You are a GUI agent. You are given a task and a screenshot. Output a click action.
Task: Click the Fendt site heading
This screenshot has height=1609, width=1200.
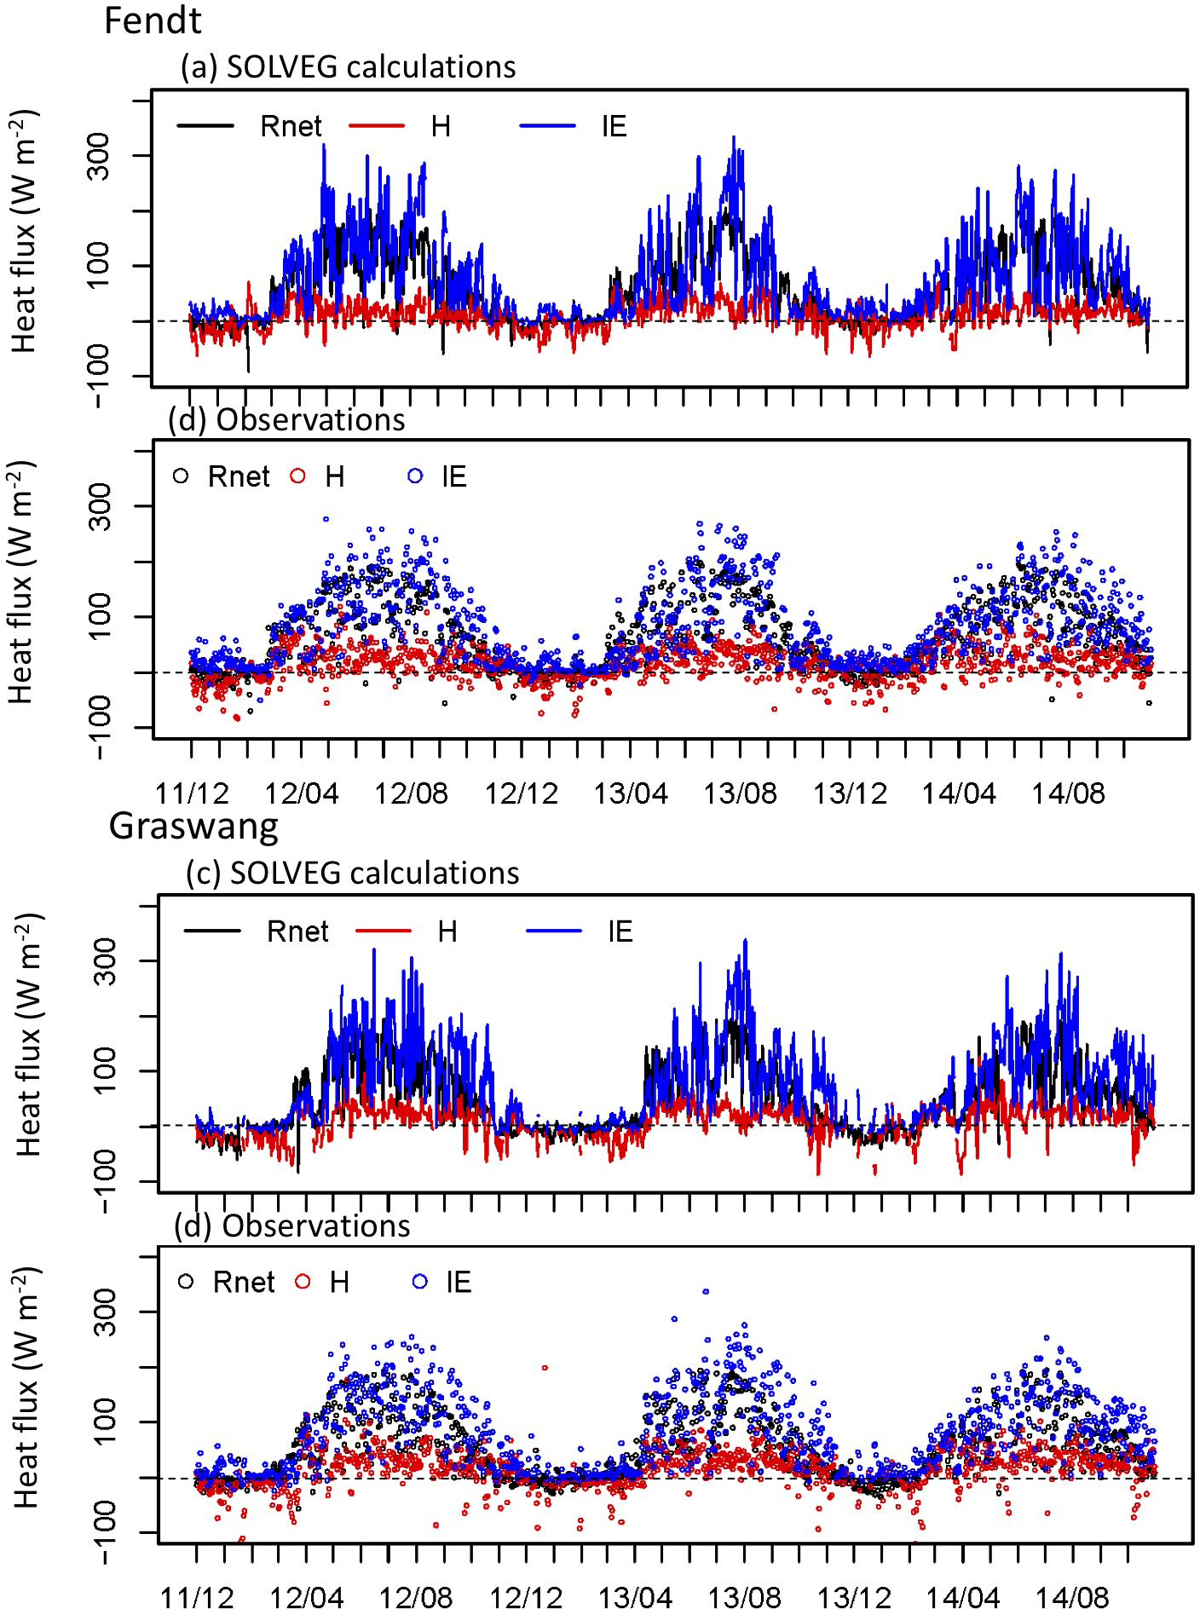(153, 20)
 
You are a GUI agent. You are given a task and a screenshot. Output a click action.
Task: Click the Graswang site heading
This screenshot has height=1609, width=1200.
(193, 826)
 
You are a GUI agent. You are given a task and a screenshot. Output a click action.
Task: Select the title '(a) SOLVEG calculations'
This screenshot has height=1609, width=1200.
(348, 66)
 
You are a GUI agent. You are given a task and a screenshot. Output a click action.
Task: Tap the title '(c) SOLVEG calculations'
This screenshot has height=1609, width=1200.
(352, 873)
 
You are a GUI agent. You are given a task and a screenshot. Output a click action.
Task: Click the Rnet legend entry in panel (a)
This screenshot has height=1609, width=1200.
(291, 126)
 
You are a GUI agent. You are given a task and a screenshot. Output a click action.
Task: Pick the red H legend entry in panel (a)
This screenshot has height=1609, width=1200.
(440, 126)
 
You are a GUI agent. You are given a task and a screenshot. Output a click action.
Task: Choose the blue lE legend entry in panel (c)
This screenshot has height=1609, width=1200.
(620, 931)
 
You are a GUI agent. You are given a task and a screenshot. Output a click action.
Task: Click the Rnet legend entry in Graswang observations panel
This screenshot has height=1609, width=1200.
(244, 1282)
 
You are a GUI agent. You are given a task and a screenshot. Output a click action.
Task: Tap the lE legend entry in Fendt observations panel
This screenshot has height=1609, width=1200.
(453, 476)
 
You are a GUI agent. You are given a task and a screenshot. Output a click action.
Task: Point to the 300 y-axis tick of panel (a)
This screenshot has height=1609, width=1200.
(101, 155)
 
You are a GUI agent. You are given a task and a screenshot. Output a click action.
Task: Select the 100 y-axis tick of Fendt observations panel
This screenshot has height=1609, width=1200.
(101, 616)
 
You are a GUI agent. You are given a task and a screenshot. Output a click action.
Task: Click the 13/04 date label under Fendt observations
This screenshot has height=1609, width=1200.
(631, 793)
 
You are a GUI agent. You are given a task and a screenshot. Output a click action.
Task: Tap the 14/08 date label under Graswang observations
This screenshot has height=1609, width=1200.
(1073, 1596)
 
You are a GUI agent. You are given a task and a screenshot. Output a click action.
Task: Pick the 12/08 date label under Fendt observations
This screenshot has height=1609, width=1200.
(411, 793)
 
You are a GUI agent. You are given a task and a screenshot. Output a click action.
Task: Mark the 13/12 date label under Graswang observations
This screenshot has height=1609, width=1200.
(854, 1596)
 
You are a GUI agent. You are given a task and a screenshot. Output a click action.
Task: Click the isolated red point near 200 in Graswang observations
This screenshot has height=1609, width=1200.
(545, 1368)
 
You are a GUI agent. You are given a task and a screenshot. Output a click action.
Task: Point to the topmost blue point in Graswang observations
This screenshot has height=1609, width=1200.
(706, 1292)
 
